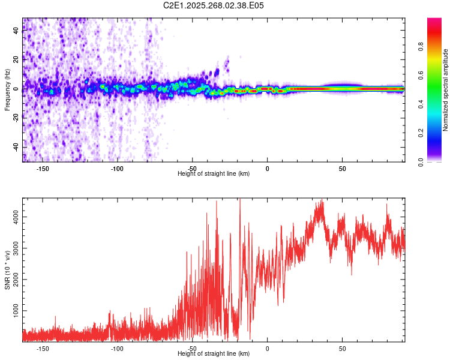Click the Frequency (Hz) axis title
point(7,89)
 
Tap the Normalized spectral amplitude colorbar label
point(446,90)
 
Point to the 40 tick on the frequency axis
point(16,31)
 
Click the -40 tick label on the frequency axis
point(16,148)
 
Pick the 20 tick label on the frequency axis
point(16,60)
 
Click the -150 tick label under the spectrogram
point(43,169)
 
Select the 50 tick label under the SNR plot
point(342,348)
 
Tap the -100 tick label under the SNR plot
point(117,348)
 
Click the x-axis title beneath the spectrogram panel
point(214,174)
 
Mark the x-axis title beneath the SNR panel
point(214,353)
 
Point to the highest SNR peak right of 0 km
point(322,201)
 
